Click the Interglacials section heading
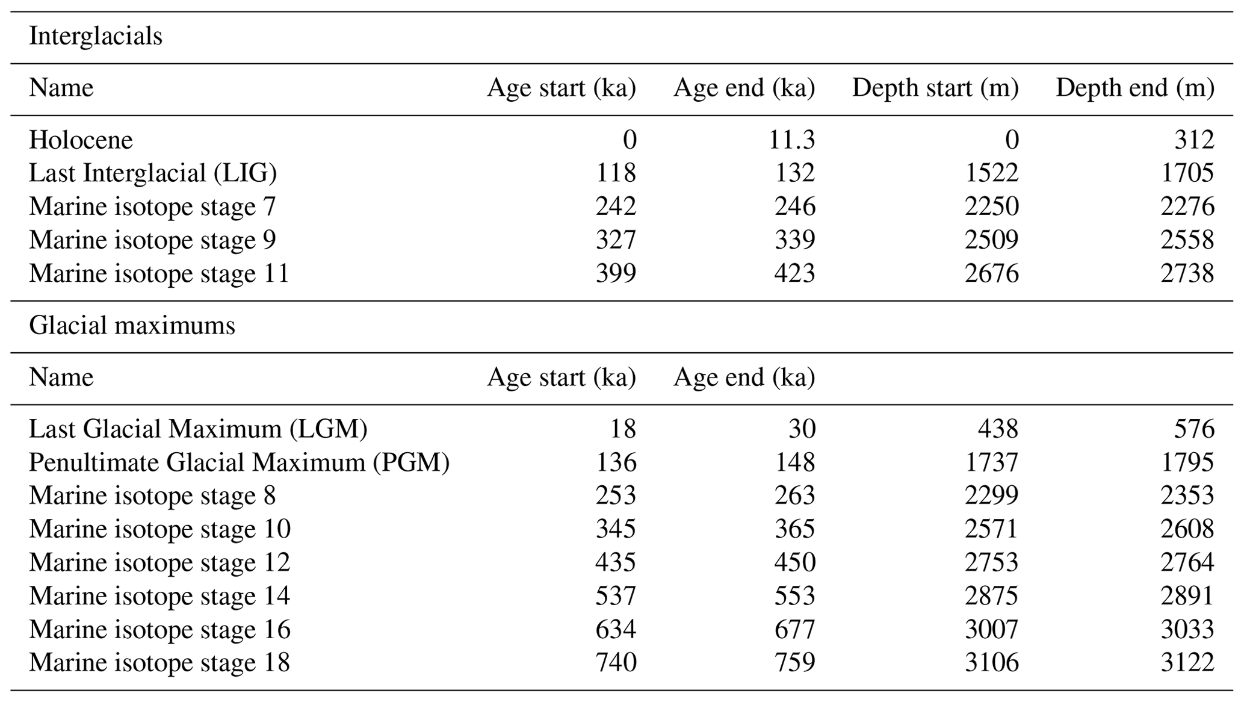95,37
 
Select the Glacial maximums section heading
132,326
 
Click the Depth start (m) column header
935,89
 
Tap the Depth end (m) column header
1134,89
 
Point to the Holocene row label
81,140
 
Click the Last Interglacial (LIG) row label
153,173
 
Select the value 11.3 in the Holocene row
791,140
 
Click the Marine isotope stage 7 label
152,207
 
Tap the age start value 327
616,240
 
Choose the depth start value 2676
991,274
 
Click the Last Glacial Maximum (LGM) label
198,429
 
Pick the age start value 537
616,596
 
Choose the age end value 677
794,630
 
